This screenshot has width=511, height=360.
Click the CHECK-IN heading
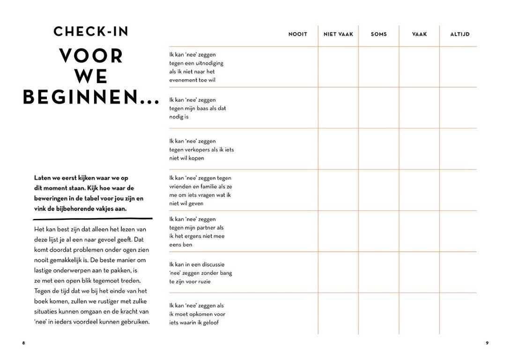pyautogui.click(x=91, y=31)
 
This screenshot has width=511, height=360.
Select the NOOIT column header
pyautogui.click(x=298, y=34)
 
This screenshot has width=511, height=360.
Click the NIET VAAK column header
pyautogui.click(x=338, y=34)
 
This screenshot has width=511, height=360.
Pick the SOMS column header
pyautogui.click(x=378, y=34)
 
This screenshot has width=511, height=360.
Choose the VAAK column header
pyautogui.click(x=419, y=34)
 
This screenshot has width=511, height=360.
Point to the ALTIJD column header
pyautogui.click(x=459, y=34)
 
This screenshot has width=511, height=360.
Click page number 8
pyautogui.click(x=24, y=343)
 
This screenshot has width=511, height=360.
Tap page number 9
pyautogui.click(x=487, y=343)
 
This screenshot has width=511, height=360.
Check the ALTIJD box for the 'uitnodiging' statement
pyautogui.click(x=458, y=67)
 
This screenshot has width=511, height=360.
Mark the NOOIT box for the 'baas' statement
pyautogui.click(x=298, y=108)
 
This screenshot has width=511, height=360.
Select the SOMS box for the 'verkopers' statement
pyautogui.click(x=378, y=149)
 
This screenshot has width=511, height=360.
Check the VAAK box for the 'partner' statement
pyautogui.click(x=419, y=231)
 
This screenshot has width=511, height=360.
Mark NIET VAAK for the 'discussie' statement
pyautogui.click(x=338, y=272)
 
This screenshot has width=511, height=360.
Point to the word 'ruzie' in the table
pyautogui.click(x=204, y=282)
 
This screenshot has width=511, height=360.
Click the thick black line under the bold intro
pyautogui.click(x=93, y=218)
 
